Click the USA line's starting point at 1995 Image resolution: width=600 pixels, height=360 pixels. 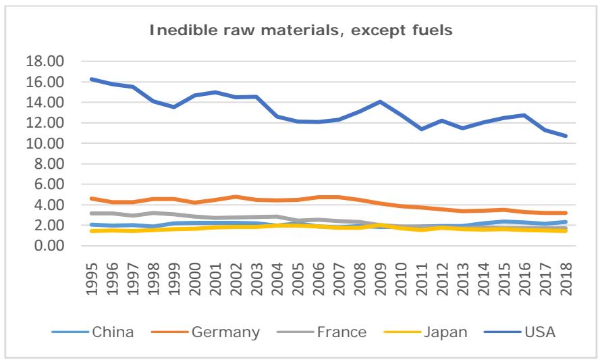[91, 79]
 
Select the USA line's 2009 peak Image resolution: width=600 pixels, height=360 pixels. [379, 102]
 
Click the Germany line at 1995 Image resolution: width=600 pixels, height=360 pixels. [91, 199]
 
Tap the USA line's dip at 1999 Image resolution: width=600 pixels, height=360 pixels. [173, 107]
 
